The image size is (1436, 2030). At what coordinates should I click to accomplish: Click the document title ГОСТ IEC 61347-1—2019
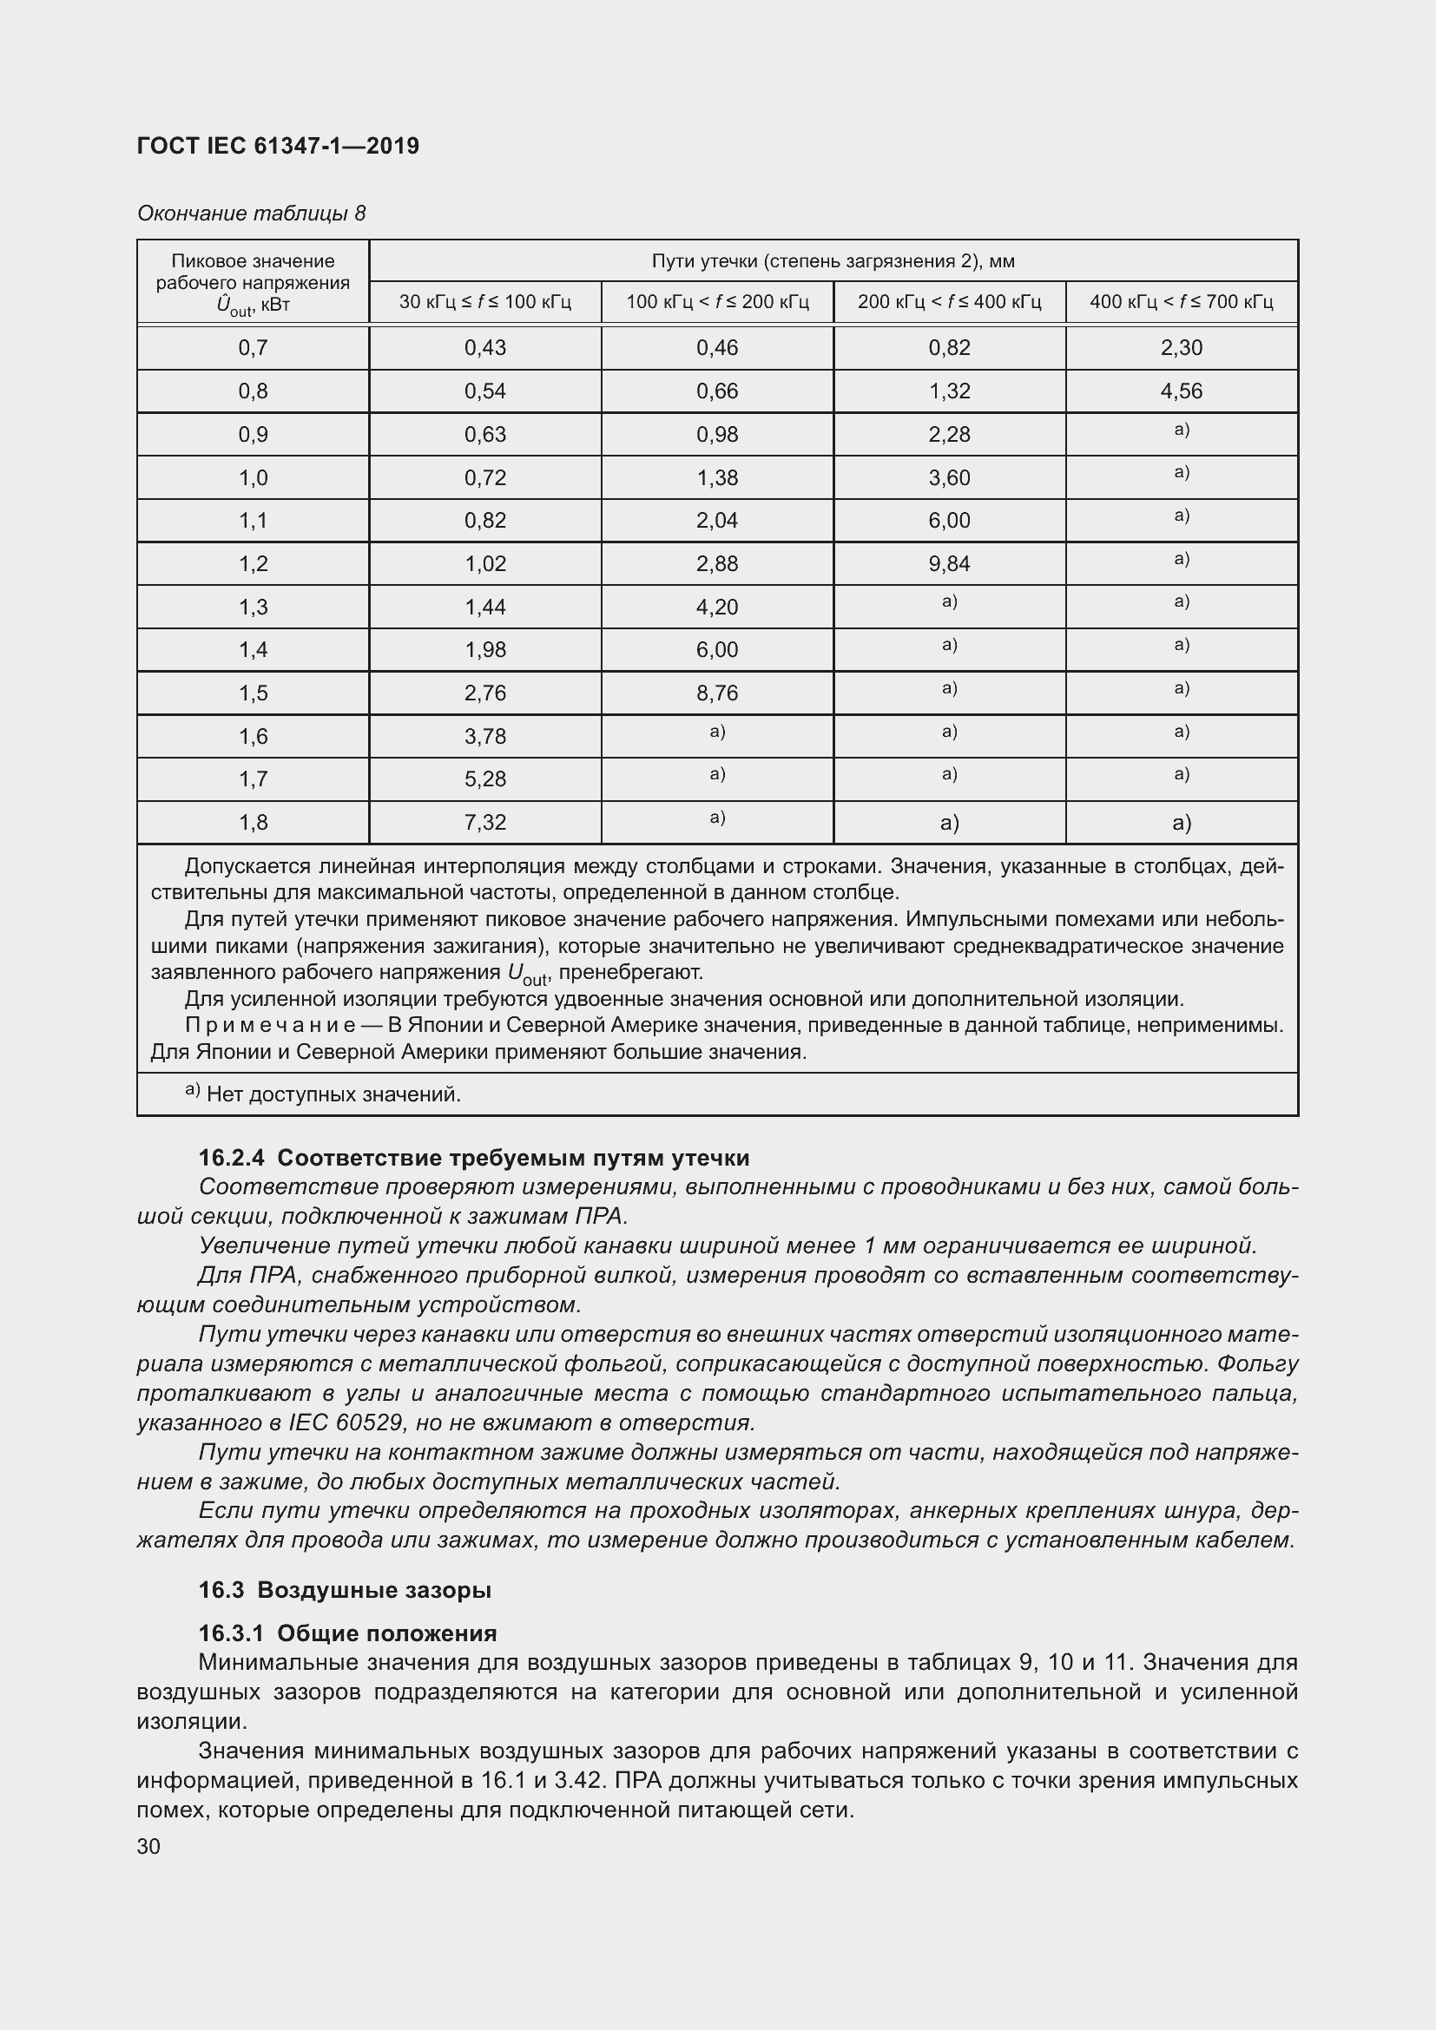[278, 146]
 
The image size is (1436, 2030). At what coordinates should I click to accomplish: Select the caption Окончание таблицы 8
[251, 214]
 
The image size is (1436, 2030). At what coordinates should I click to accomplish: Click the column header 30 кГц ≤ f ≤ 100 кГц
[484, 302]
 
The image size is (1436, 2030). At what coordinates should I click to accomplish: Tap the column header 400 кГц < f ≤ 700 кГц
[1181, 302]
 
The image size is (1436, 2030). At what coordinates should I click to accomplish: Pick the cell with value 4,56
[1181, 391]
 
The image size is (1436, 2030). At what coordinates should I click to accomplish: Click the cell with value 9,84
[949, 564]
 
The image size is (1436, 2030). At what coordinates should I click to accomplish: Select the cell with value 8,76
[716, 693]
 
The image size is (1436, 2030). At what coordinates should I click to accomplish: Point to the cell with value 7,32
[484, 823]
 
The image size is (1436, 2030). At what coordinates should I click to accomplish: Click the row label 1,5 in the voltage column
[253, 693]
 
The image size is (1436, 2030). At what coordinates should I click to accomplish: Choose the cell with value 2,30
[1181, 347]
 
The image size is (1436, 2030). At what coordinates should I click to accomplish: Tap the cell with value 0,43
[484, 347]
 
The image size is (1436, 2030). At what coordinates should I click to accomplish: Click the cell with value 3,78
[484, 737]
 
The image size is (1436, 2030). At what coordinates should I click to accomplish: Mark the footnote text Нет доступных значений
[333, 1095]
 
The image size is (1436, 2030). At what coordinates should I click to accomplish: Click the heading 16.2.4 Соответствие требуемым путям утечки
[473, 1159]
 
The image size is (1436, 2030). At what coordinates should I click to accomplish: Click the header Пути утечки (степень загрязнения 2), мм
[832, 261]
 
